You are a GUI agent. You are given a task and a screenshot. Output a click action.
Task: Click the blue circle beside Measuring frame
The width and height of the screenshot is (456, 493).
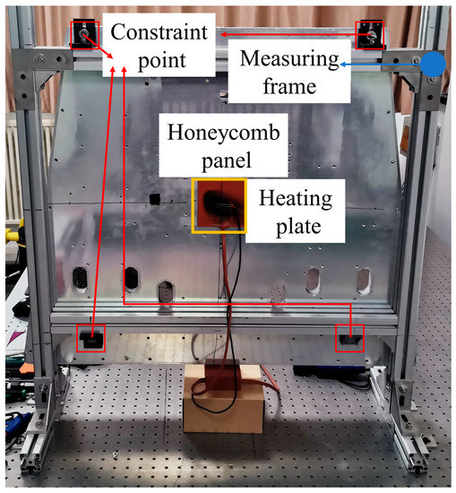[433, 63]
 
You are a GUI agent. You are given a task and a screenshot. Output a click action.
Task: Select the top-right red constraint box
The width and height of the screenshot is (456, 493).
[368, 36]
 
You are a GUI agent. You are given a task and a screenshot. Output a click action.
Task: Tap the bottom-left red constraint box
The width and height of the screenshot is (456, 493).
[90, 338]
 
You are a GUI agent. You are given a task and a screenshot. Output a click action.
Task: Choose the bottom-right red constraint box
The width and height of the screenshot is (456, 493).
[350, 337]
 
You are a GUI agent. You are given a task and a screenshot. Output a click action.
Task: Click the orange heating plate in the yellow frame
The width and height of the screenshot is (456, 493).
[218, 205]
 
